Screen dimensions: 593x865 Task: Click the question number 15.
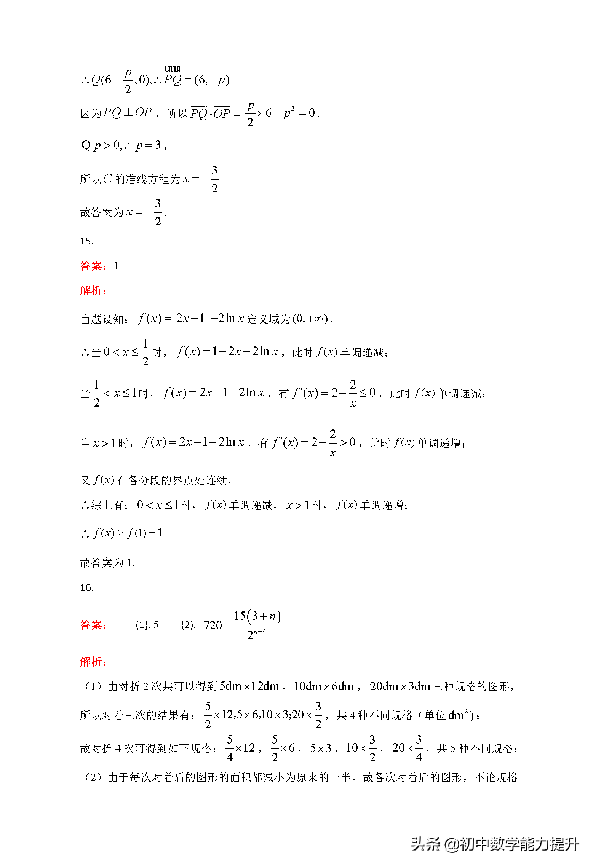coord(86,241)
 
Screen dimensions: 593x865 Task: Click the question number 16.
coord(86,587)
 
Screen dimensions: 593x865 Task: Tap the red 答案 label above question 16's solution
coord(93,625)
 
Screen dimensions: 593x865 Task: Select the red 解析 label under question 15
coord(93,290)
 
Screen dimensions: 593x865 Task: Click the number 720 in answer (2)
coord(213,625)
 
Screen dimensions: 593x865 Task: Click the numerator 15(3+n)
coord(257,616)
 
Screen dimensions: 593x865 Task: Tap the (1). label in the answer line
coord(142,625)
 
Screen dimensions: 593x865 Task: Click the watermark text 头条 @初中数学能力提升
coord(495,844)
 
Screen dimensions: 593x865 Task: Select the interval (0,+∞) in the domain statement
coord(310,319)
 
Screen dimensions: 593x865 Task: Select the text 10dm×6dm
coord(323,686)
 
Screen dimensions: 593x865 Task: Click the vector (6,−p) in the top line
coord(212,80)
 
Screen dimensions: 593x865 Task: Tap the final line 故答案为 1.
coord(107,563)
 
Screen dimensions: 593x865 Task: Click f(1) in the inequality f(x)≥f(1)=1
coord(136,533)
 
